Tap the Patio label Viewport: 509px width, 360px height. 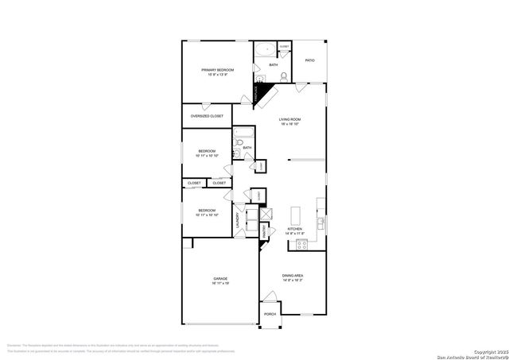(x=310, y=60)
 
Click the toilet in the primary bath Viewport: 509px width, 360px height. (x=284, y=77)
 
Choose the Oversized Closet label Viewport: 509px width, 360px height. (x=207, y=116)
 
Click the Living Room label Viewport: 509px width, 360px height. (x=289, y=119)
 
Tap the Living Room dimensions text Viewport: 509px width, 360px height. (x=289, y=125)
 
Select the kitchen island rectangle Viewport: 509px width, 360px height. (x=296, y=215)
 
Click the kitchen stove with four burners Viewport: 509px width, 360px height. (x=302, y=245)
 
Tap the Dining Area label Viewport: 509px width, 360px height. (x=292, y=276)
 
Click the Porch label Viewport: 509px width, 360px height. (x=270, y=314)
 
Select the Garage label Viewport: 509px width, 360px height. (x=220, y=278)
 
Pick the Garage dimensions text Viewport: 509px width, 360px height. (x=220, y=284)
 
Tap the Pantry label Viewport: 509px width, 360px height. (x=265, y=231)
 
